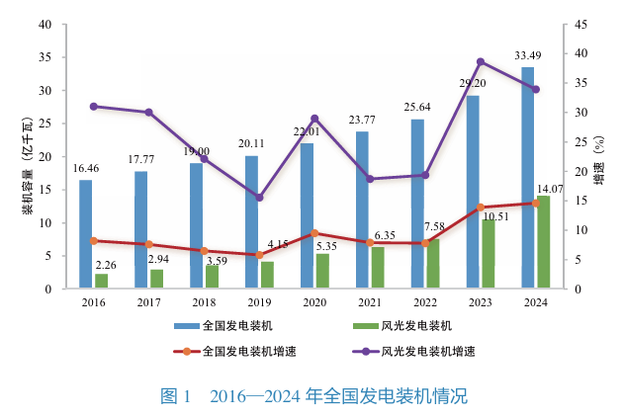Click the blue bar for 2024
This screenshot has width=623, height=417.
click(x=528, y=178)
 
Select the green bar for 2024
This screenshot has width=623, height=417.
click(x=543, y=242)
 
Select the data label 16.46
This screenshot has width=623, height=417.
click(x=86, y=169)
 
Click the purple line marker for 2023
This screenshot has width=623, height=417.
click(x=481, y=61)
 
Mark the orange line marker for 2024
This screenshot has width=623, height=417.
click(x=536, y=204)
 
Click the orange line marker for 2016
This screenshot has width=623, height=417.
click(x=93, y=240)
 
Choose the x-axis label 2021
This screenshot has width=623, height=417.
click(x=370, y=303)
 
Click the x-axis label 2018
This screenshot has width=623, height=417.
click(x=204, y=303)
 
